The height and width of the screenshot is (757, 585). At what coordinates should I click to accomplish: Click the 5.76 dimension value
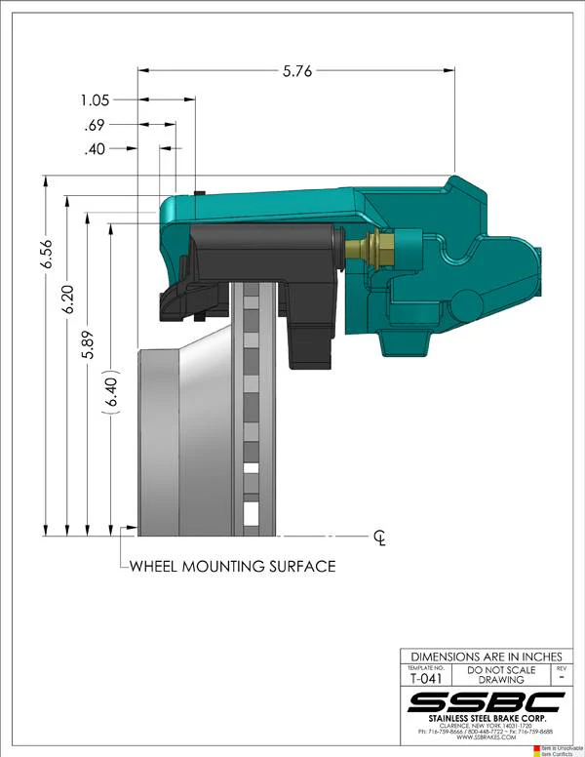[295, 70]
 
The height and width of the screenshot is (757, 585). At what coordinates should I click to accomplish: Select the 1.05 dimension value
[97, 100]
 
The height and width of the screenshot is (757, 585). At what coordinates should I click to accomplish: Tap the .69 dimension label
[97, 125]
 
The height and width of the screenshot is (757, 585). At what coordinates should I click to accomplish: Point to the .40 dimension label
[96, 149]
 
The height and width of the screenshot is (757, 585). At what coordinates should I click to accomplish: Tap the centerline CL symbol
[380, 538]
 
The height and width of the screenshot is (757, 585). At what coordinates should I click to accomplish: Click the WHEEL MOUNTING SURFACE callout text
[232, 566]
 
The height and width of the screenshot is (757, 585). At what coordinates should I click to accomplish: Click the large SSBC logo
[486, 702]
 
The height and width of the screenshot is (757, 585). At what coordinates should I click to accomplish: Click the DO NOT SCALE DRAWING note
[500, 675]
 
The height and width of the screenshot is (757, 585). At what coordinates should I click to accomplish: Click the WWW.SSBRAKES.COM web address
[486, 739]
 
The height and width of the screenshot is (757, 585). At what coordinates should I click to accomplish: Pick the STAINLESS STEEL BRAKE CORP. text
[486, 721]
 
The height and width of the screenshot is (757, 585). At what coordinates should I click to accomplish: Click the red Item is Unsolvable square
[535, 746]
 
